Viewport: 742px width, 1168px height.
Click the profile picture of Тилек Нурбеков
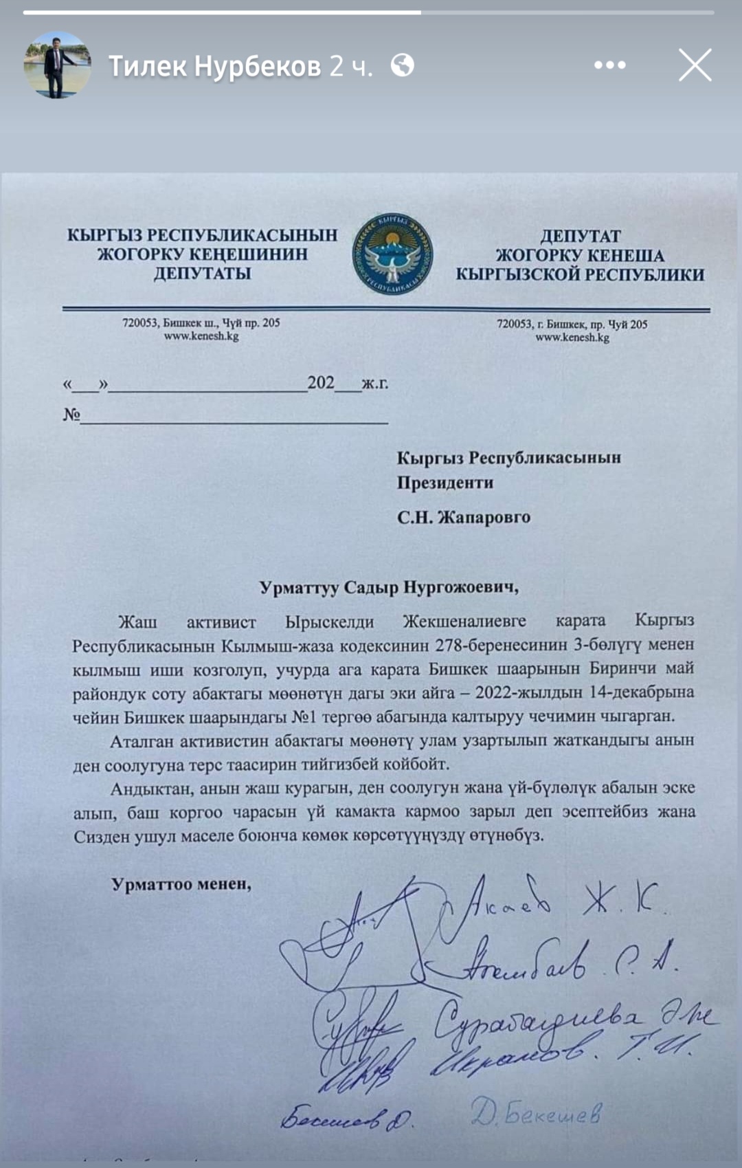coord(58,66)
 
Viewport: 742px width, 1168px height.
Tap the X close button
coord(695,66)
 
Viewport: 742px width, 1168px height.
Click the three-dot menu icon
coord(609,66)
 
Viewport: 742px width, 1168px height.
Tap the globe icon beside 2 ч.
coord(403,66)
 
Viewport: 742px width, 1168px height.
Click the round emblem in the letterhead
coord(393,254)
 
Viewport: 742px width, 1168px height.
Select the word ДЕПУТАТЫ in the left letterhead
coord(202,274)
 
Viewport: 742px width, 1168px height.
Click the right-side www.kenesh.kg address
coord(572,338)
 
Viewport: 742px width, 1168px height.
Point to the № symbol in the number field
coord(71,415)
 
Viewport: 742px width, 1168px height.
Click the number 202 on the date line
coord(321,383)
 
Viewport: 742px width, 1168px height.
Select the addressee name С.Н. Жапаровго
coord(464,517)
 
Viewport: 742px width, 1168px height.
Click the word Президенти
coord(445,483)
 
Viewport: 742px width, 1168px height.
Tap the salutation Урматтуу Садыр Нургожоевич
coord(388,588)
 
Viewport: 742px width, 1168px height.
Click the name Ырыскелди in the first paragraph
coord(330,621)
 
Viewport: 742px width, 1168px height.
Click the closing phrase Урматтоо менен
coord(181,884)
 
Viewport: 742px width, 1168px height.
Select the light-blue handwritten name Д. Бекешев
coord(536,1112)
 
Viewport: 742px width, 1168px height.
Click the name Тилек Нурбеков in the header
coord(214,66)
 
